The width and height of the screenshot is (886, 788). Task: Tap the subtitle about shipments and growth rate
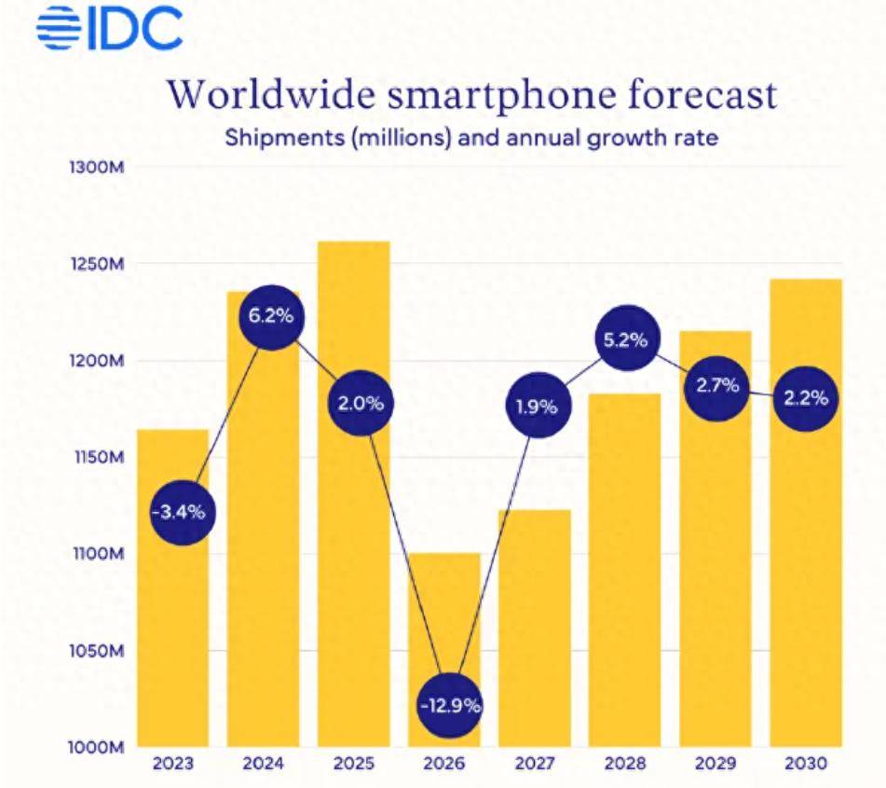coord(470,138)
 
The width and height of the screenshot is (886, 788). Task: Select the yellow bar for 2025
coord(353,578)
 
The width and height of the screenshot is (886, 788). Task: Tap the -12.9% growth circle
coord(450,706)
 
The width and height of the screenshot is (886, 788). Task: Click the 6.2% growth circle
coord(271,316)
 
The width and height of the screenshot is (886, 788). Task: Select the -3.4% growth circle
coord(183,512)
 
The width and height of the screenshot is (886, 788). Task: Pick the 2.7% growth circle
coord(716,385)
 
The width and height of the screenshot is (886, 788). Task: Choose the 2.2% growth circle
coord(806,398)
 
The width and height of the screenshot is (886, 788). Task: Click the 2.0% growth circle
coord(361,404)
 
